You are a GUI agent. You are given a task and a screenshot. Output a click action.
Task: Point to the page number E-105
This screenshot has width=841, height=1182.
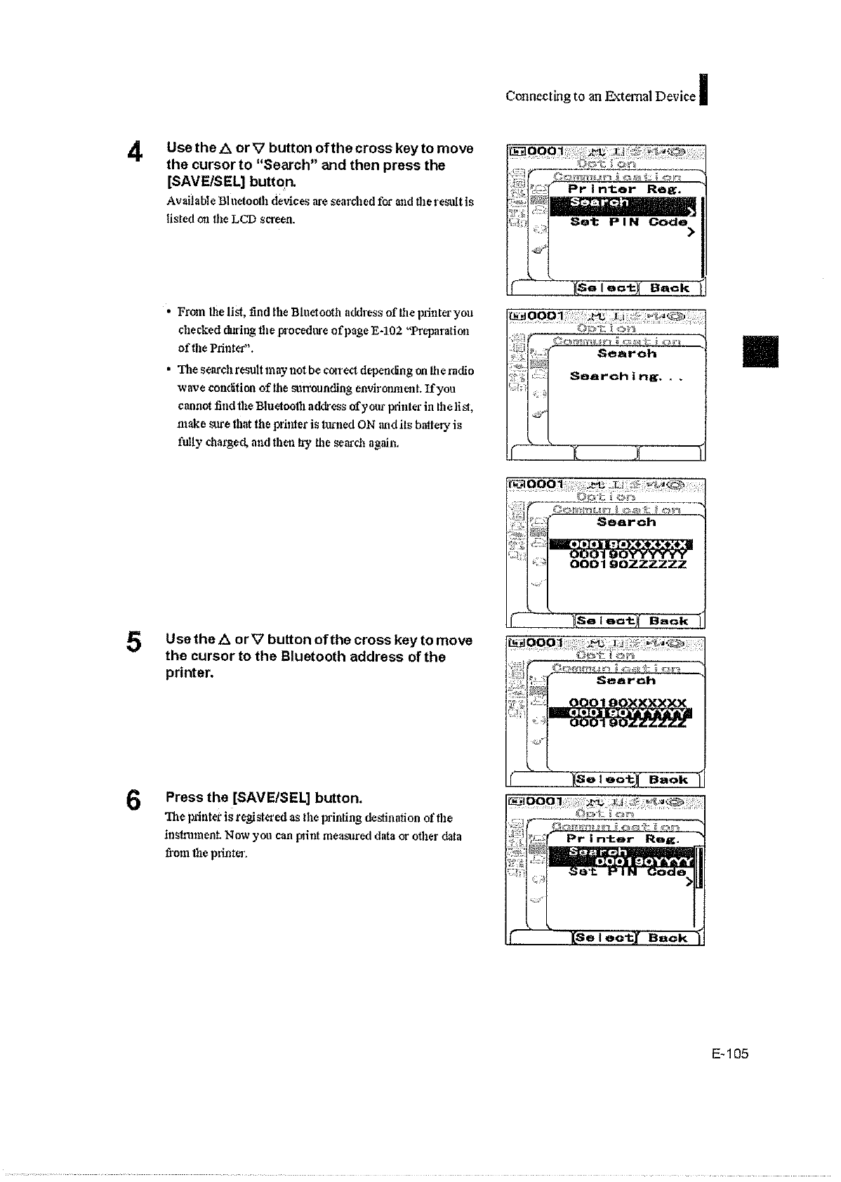tap(729, 1053)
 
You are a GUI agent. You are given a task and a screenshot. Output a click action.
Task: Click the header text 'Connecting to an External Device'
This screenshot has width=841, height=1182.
tap(601, 96)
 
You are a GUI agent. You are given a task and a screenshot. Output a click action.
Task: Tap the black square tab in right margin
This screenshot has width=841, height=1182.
tap(762, 351)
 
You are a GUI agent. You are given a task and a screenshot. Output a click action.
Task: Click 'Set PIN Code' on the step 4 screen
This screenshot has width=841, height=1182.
tap(628, 222)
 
